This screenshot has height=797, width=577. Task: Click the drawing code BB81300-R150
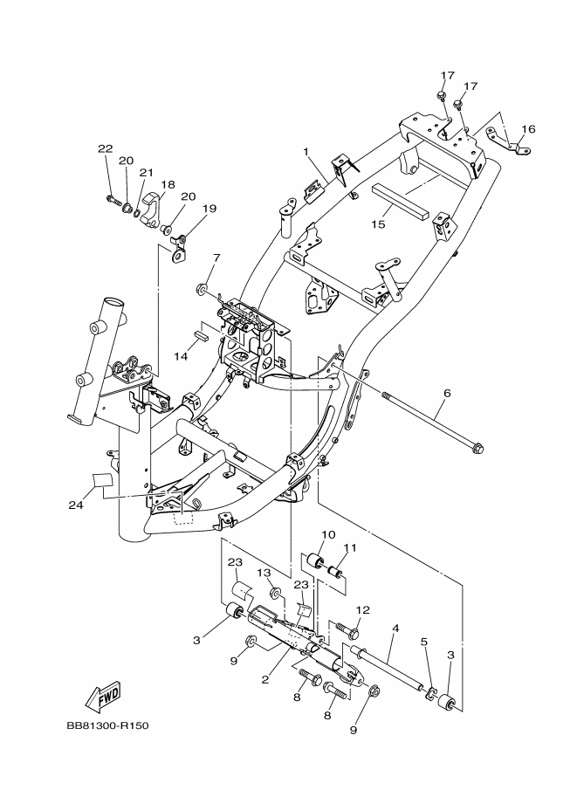[x=107, y=725]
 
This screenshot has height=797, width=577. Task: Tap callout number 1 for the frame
[x=306, y=152]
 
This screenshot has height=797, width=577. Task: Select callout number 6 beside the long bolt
[x=447, y=393]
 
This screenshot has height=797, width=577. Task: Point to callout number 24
[x=76, y=505]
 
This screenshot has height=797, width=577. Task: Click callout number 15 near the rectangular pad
[x=378, y=223]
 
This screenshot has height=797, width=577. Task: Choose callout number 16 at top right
[x=528, y=128]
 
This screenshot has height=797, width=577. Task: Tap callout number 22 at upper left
[x=106, y=148]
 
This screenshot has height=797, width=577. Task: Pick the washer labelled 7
[x=202, y=289]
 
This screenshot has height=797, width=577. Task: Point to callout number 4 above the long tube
[x=395, y=629]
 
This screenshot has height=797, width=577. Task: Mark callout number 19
[x=210, y=209]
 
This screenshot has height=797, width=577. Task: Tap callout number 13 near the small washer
[x=264, y=573]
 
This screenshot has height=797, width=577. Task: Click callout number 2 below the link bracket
[x=264, y=679]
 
